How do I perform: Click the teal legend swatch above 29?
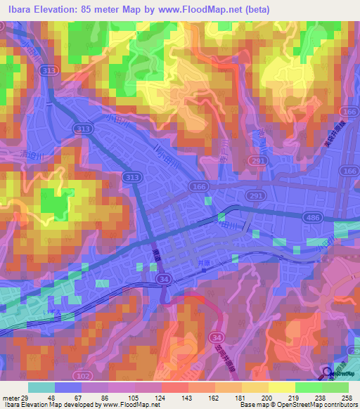[x=41, y=387]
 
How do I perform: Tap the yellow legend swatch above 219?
[x=282, y=387]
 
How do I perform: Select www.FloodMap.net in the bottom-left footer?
[x=130, y=405]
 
